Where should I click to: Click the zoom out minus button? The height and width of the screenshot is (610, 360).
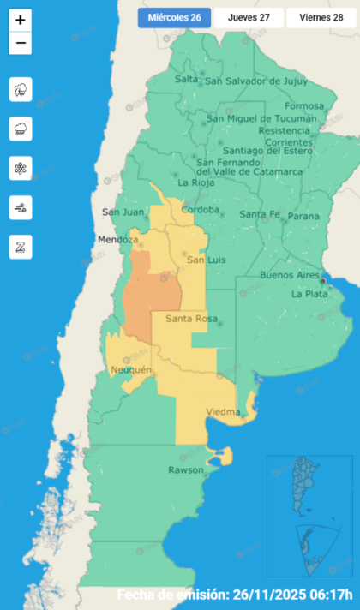pyautogui.click(x=21, y=43)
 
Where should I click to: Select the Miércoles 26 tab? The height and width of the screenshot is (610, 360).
pyautogui.click(x=174, y=17)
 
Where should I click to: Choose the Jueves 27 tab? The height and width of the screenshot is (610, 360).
pyautogui.click(x=248, y=17)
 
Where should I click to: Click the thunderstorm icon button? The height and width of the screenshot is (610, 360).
pyautogui.click(x=21, y=88)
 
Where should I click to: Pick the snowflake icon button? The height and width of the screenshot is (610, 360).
pyautogui.click(x=21, y=168)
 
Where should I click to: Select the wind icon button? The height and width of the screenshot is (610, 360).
pyautogui.click(x=21, y=206)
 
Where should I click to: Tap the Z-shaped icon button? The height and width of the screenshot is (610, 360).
pyautogui.click(x=21, y=246)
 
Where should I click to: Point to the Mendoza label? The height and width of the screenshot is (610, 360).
pyautogui.click(x=117, y=239)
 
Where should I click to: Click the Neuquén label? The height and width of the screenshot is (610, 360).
pyautogui.click(x=131, y=370)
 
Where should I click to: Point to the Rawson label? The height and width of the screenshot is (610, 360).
pyautogui.click(x=186, y=470)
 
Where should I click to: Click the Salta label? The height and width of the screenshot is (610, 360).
pyautogui.click(x=186, y=80)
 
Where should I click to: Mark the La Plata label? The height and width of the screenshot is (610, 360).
pyautogui.click(x=309, y=294)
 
